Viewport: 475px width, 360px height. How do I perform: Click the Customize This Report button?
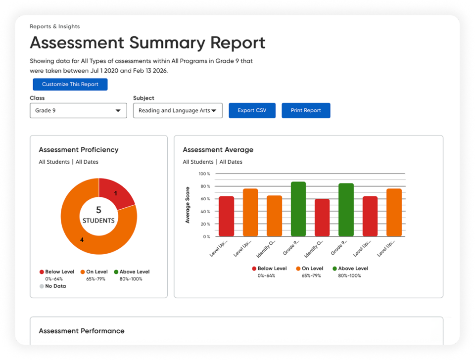70,85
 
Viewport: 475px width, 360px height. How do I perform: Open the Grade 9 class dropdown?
78,111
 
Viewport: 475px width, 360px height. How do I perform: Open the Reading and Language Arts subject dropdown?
178,111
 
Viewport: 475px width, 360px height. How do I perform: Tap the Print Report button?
306,111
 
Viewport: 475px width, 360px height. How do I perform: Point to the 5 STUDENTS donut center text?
98,215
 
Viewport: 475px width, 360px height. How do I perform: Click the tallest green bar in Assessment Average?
298,209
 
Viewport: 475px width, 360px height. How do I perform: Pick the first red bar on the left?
226,216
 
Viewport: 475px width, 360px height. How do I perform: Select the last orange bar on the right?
394,212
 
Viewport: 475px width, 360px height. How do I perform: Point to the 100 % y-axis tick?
204,174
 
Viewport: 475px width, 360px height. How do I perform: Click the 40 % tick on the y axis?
205,212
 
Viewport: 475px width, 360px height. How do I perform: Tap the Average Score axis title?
188,205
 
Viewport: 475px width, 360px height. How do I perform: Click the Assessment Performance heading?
82,331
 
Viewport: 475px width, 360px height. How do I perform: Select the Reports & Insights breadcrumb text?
54,27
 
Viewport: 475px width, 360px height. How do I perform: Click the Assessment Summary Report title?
147,43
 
